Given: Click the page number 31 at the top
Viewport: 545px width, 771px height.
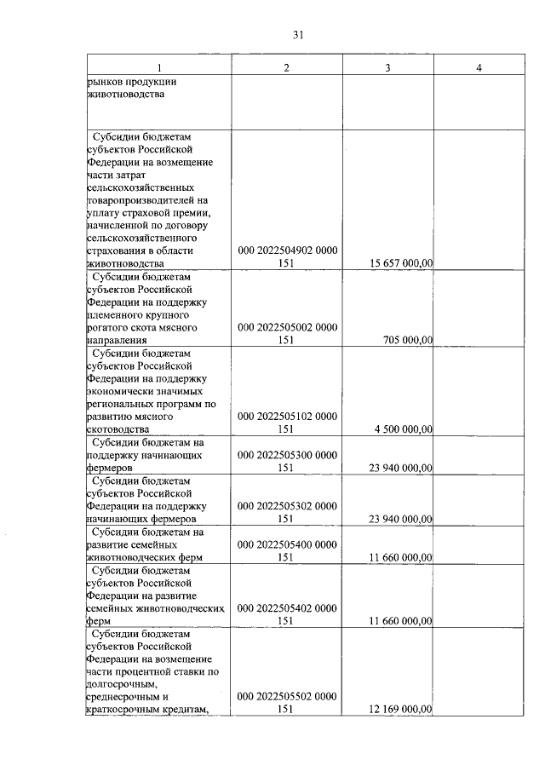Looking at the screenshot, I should tap(298, 35).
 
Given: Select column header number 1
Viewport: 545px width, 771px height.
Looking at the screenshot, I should tap(158, 68).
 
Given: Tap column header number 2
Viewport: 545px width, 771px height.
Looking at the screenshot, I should tap(287, 68).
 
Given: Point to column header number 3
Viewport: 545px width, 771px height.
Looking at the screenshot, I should tap(387, 68).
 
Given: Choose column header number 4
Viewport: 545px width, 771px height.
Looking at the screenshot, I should tap(479, 68).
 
